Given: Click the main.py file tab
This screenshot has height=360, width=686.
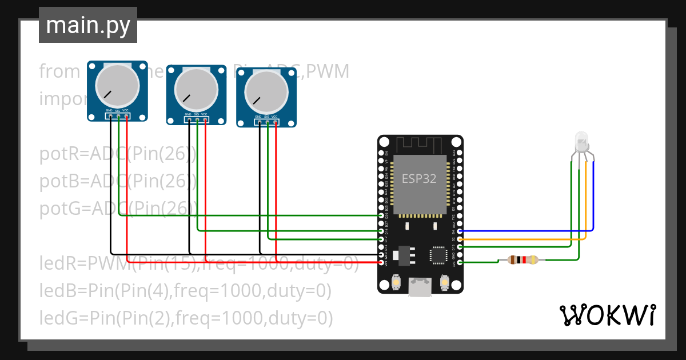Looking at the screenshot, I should click(x=87, y=25).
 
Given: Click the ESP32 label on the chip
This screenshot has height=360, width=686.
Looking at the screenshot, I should click(x=419, y=178).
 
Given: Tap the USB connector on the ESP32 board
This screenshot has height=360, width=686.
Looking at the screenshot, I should click(x=420, y=287).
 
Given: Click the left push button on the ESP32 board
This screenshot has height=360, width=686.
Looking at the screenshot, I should click(x=396, y=282).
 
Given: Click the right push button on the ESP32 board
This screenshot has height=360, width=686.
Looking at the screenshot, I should click(x=445, y=282).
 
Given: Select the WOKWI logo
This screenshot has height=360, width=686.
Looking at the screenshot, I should click(x=607, y=315).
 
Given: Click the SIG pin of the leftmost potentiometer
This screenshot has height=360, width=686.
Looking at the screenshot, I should click(x=118, y=117).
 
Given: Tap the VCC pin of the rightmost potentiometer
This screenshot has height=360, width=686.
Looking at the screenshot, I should click(x=276, y=122).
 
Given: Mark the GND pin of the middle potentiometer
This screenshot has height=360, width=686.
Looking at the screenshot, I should click(x=189, y=120).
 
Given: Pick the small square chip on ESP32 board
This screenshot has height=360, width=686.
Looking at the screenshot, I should click(x=438, y=255).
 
